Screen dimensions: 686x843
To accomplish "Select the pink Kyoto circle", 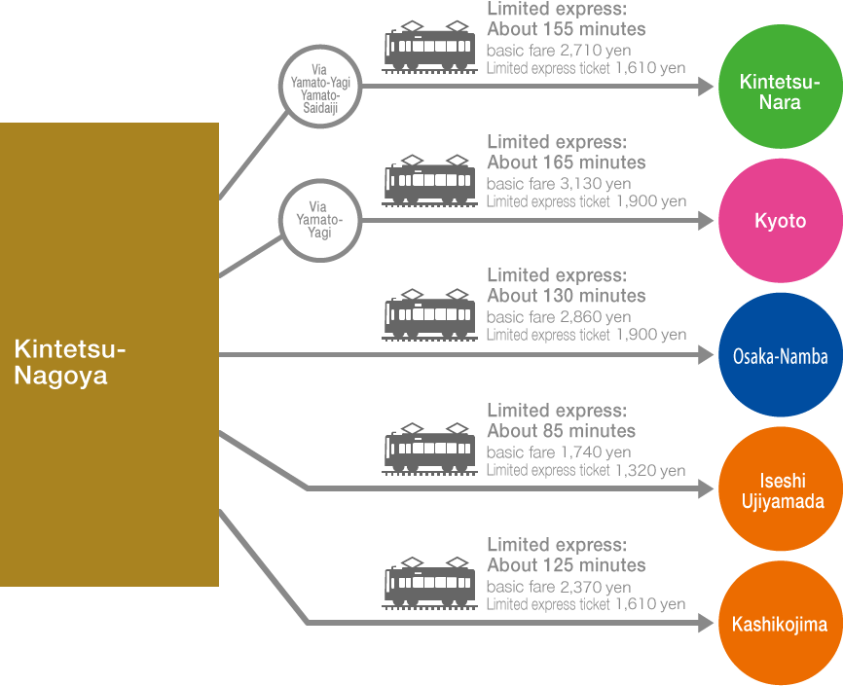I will [780, 221].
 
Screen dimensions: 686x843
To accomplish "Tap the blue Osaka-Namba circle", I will [780, 356].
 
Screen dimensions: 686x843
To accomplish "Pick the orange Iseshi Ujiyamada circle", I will [780, 490].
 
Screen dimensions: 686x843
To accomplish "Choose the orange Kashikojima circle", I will [780, 624].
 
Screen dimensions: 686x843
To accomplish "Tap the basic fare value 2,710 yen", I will [595, 51].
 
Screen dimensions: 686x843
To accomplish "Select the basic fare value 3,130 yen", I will [595, 184].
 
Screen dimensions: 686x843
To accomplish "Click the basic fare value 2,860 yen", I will [595, 317].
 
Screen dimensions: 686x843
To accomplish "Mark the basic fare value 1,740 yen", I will [595, 452].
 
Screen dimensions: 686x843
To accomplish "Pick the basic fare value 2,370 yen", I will [595, 587].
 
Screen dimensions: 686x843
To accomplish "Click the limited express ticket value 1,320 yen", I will [649, 471].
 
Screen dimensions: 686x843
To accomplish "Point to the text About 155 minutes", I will [566, 29].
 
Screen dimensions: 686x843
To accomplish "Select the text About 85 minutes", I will [561, 430].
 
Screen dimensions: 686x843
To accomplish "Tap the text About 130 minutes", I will [566, 296].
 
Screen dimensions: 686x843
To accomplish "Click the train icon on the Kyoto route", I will [429, 180].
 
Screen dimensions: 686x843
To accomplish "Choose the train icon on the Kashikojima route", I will [429, 583].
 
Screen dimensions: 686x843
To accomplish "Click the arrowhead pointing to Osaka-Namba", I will [706, 356].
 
